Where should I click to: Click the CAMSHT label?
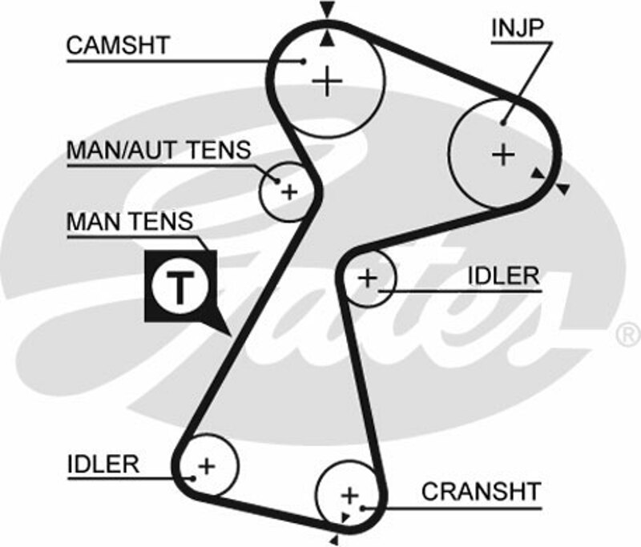tap(118, 45)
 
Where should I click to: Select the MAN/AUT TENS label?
tap(158, 150)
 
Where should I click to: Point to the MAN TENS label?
tap(129, 221)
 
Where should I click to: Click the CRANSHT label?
tap(481, 491)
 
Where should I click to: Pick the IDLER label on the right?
tap(503, 276)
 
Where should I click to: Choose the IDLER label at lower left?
tap(103, 463)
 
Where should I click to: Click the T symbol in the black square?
tap(180, 284)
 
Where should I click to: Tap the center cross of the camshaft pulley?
tap(327, 81)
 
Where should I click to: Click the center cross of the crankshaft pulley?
tap(349, 493)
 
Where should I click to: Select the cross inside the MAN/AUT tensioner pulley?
tap(289, 191)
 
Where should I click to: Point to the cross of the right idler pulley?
tap(367, 278)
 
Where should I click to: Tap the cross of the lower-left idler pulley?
tap(207, 465)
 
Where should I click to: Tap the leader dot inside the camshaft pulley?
tap(304, 61)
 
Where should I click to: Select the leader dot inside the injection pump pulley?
tap(502, 123)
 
